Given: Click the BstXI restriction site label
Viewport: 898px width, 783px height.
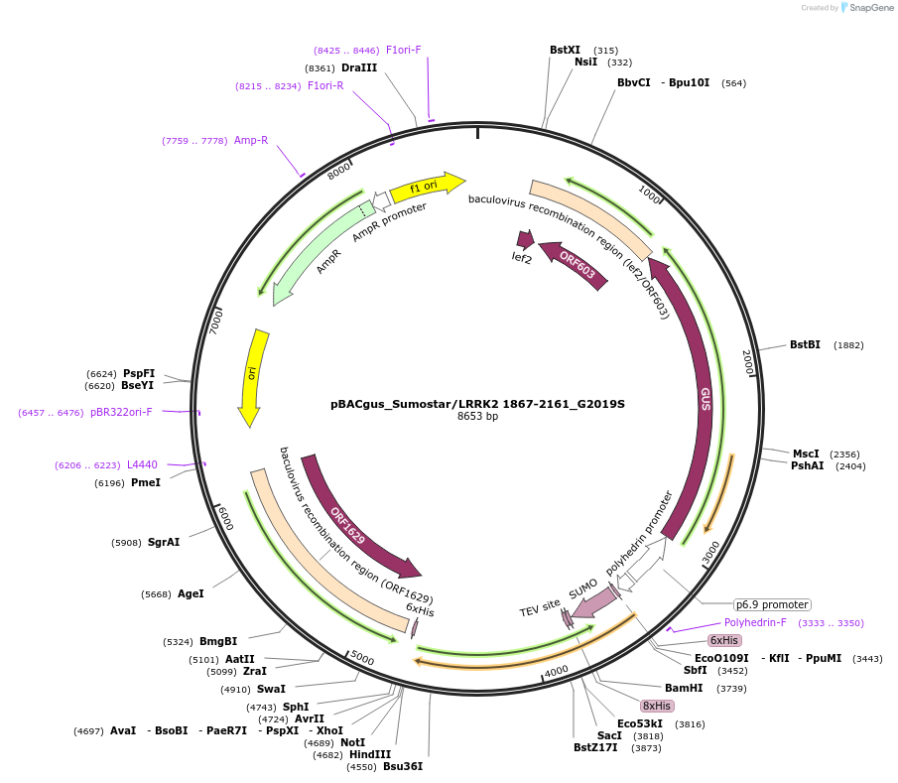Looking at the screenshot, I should point(565,50).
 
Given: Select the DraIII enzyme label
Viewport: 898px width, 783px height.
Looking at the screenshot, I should point(359,67).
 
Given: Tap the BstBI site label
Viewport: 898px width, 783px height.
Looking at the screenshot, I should point(805,345).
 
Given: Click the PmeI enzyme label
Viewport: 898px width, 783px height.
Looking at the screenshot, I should point(145,482).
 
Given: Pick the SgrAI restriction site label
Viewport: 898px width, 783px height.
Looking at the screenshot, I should point(164,542).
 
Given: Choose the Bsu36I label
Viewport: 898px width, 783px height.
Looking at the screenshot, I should point(403,766).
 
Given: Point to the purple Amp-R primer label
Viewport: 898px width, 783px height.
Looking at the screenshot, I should point(251,140).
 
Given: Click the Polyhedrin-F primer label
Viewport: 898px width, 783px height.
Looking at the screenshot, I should point(755,622).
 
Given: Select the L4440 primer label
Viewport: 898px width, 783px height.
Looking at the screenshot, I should point(142,464).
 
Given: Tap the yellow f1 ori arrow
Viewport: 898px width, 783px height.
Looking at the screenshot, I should point(427,186).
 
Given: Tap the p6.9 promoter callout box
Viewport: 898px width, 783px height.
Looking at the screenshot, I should point(772,604).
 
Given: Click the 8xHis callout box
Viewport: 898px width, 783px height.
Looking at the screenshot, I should point(657,706).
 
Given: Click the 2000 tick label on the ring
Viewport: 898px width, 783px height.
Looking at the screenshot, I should point(748,363).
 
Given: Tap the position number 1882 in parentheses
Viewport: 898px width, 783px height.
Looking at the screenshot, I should point(848,345).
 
